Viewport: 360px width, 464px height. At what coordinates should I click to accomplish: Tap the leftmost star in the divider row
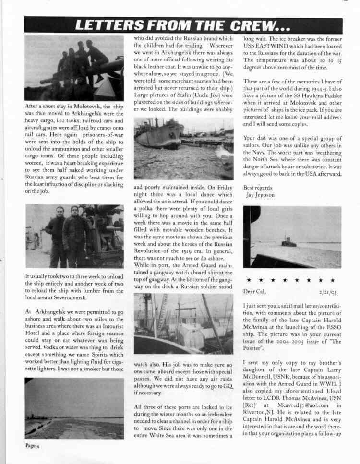[x=249, y=279]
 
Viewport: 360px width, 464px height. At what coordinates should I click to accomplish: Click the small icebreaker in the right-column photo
[x=289, y=241]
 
